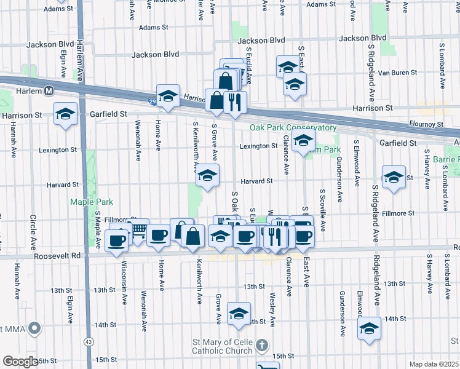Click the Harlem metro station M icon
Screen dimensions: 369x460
[x=48, y=91]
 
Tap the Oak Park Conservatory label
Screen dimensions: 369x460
[x=293, y=128]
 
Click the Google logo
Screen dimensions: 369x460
[x=20, y=362]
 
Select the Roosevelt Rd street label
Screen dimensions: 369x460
[x=58, y=256]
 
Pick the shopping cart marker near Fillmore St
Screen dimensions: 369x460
[x=138, y=229]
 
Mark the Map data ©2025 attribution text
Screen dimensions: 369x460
[x=433, y=364]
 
